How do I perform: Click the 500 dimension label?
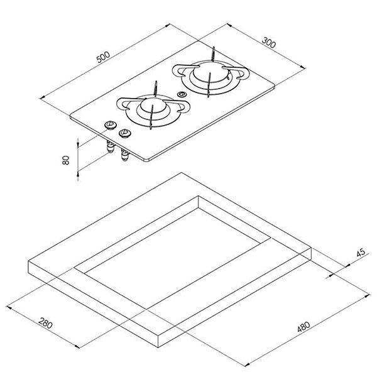tap(103, 57)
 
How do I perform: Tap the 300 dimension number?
tap(269, 43)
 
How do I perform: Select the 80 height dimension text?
tap(65, 160)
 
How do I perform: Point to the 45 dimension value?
tap(361, 253)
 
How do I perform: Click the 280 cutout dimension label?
tap(45, 323)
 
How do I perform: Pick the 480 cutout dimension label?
tap(303, 327)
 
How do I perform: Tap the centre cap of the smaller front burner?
tap(153, 106)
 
